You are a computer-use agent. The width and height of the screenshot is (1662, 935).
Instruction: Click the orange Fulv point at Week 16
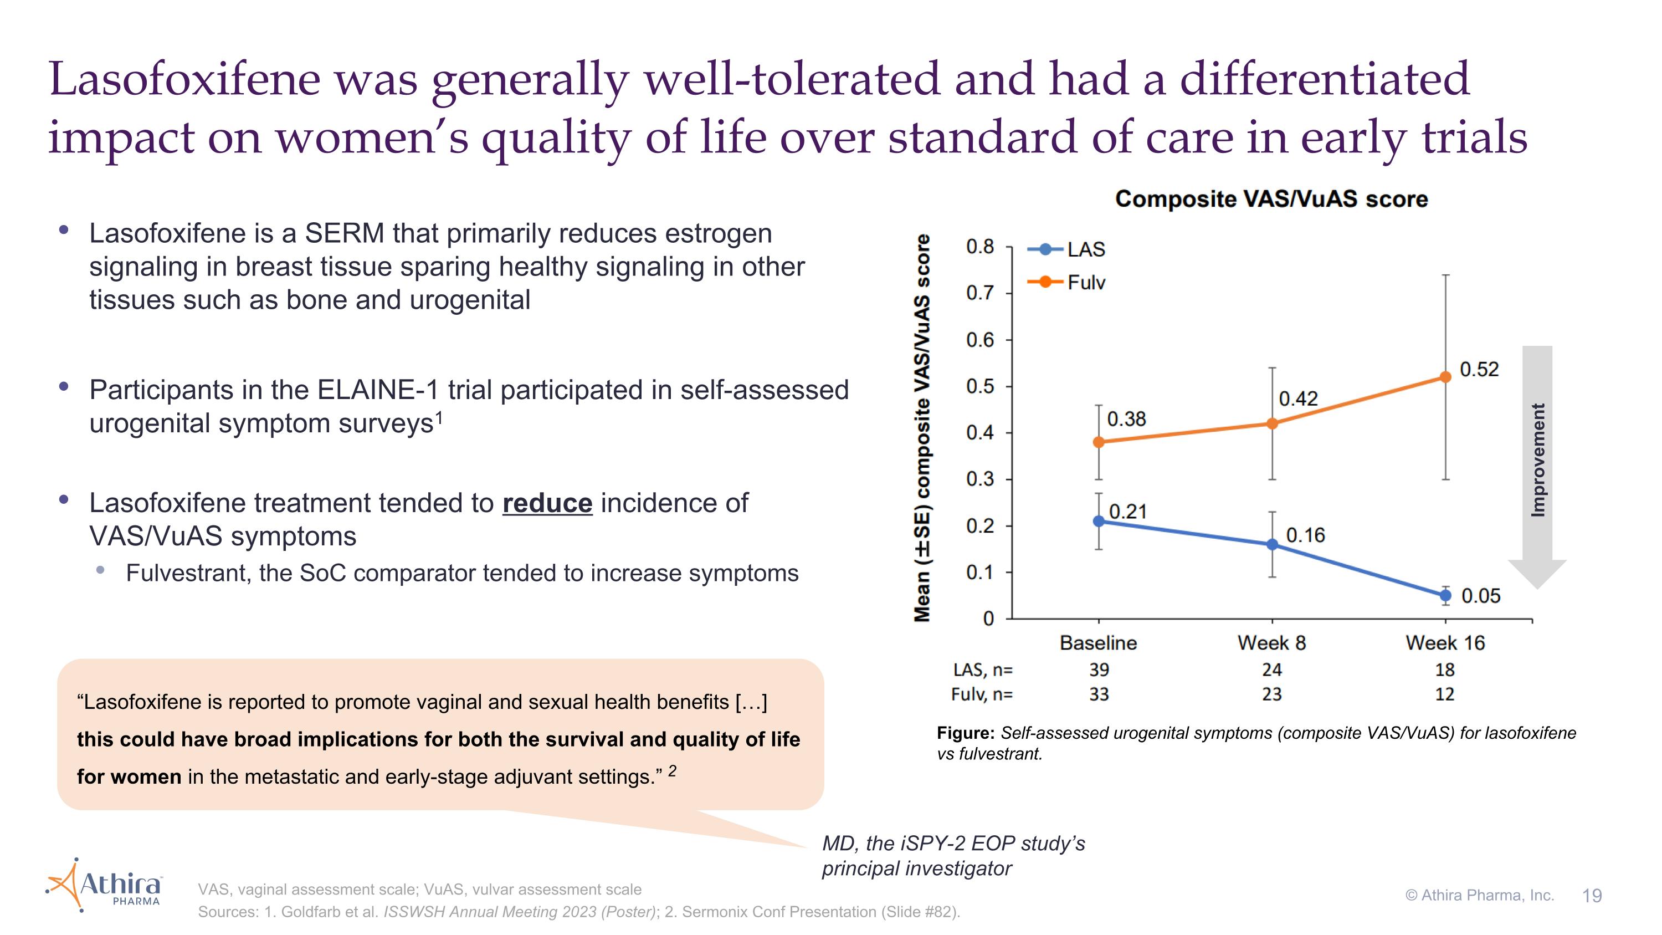(1445, 377)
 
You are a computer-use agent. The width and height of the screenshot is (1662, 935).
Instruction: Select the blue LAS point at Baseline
(1099, 522)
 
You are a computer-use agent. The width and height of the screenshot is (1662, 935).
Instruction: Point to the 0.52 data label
(1479, 369)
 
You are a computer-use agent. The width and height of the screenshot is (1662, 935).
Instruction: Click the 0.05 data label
(1481, 596)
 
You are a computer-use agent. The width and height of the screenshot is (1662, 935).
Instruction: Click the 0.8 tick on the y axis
(979, 247)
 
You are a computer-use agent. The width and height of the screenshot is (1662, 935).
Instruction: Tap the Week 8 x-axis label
(1271, 643)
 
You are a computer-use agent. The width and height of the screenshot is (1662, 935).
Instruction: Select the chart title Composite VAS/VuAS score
(1271, 199)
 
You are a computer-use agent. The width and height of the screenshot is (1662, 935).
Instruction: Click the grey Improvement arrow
(1537, 464)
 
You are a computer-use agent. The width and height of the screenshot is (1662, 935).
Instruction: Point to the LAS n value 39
(1099, 670)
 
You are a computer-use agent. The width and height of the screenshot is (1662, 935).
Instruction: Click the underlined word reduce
(547, 503)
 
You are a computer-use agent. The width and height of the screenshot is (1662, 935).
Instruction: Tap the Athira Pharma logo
(105, 885)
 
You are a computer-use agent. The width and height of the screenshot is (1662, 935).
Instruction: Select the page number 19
(1592, 896)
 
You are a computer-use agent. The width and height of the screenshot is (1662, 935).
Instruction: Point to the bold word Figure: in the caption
(966, 733)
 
